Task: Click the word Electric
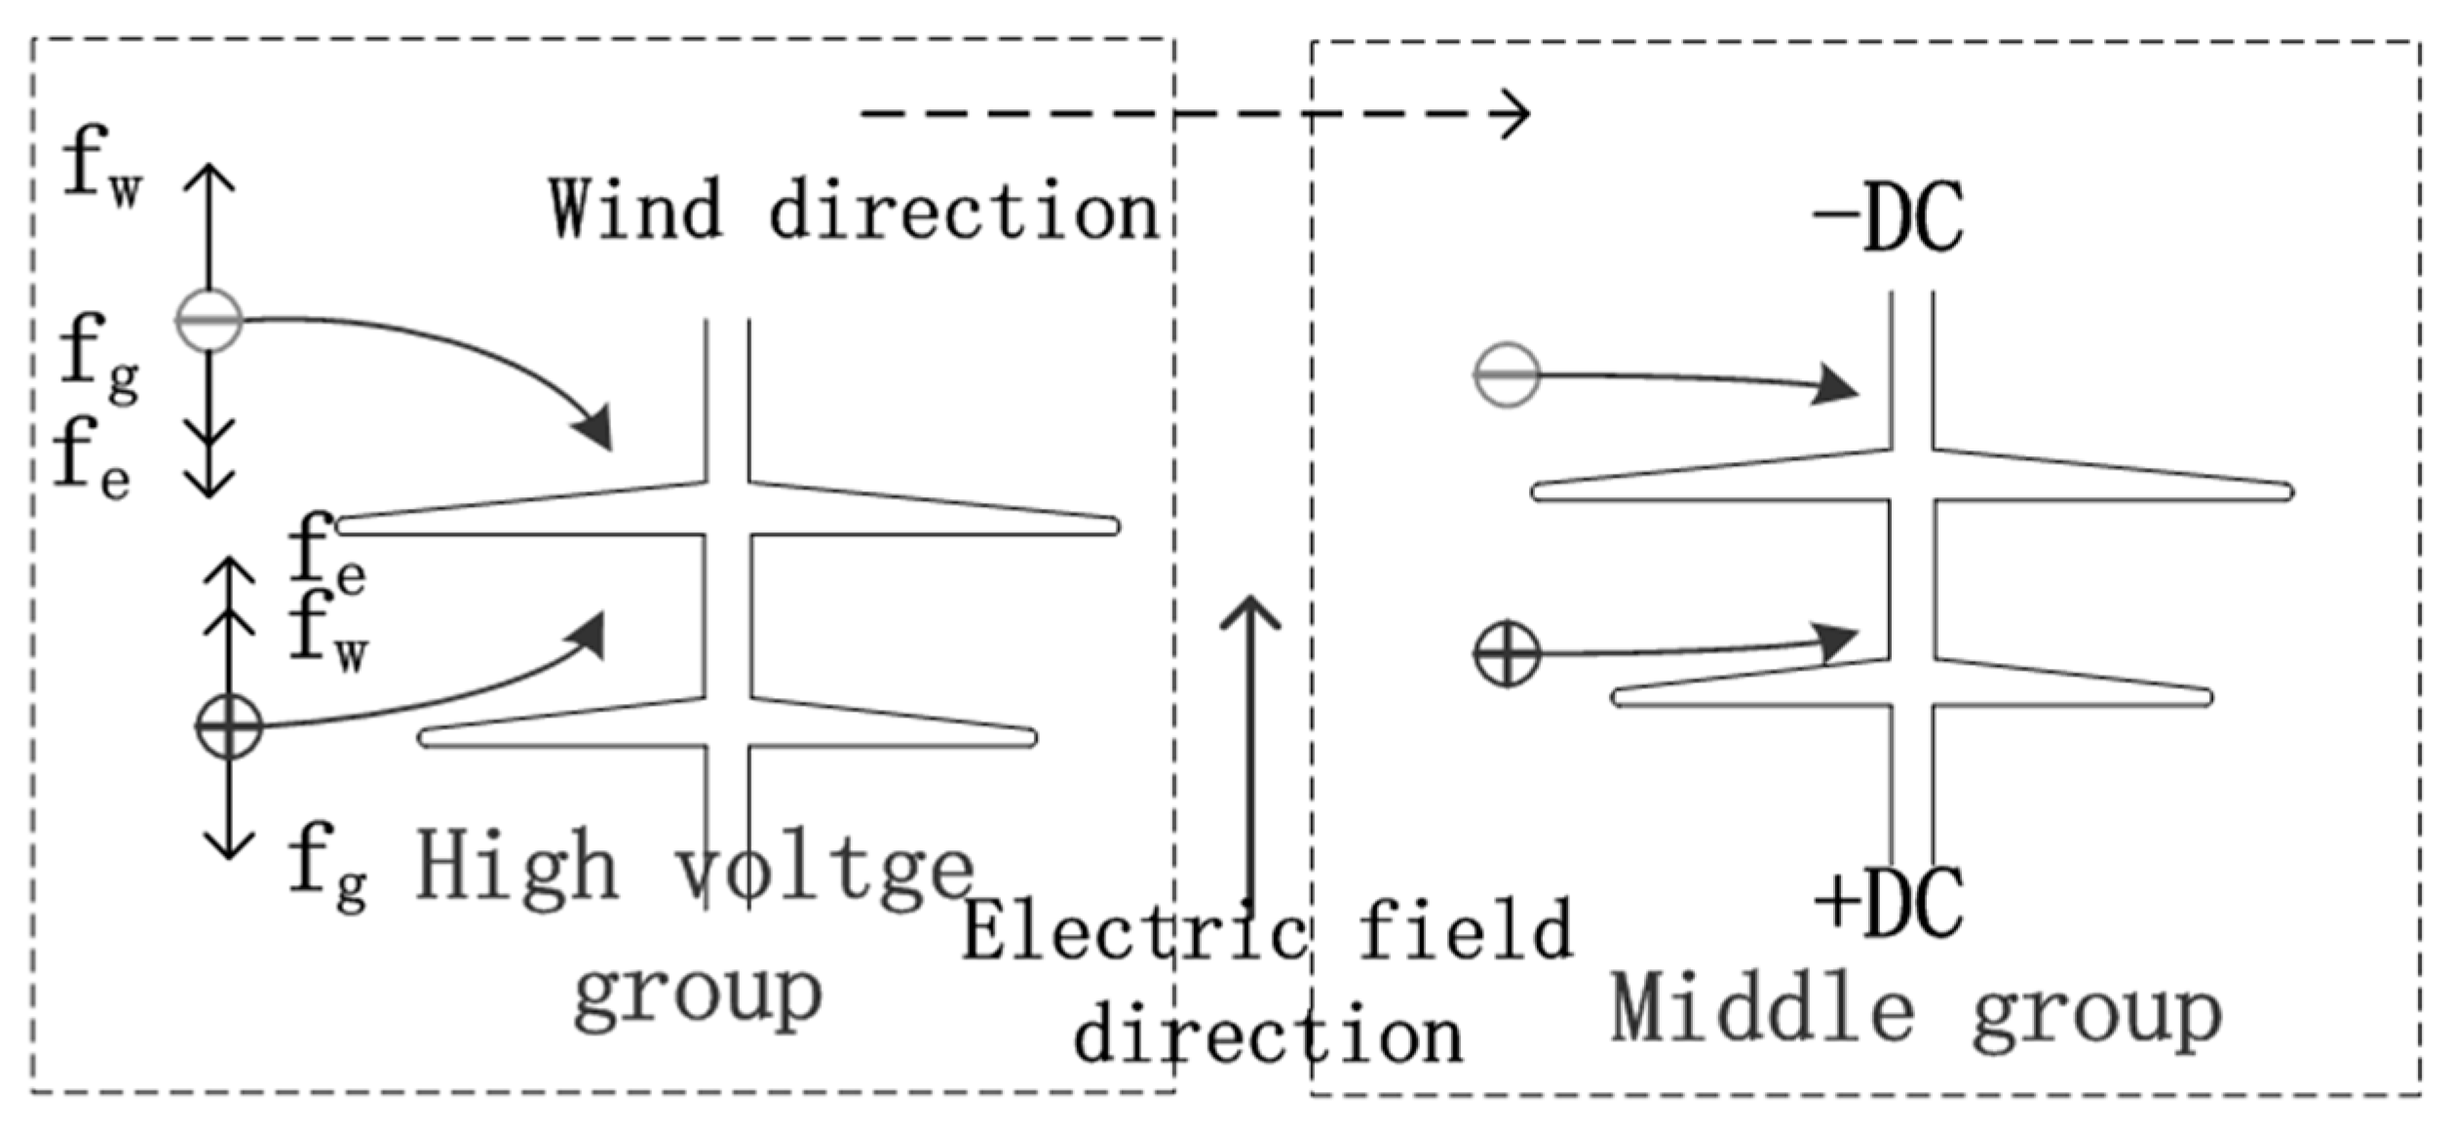(1134, 930)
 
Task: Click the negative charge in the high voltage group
(209, 320)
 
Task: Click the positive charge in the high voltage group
(229, 726)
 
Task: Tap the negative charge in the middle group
(1507, 374)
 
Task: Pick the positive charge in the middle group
(1507, 653)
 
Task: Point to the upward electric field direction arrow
(1250, 741)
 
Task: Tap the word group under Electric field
(698, 994)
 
